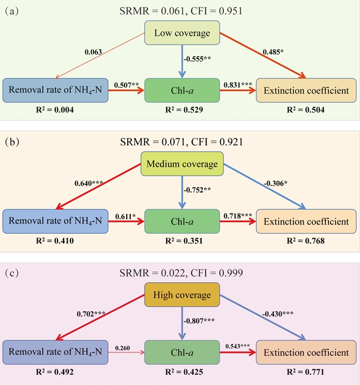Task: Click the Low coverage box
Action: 182,33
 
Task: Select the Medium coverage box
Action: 182,164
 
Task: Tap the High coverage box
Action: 182,295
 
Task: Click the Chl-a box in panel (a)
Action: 182,91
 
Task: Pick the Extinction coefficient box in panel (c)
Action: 306,353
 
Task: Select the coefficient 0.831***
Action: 238,84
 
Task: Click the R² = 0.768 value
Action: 306,241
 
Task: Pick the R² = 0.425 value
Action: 182,372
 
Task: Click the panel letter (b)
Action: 12,142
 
